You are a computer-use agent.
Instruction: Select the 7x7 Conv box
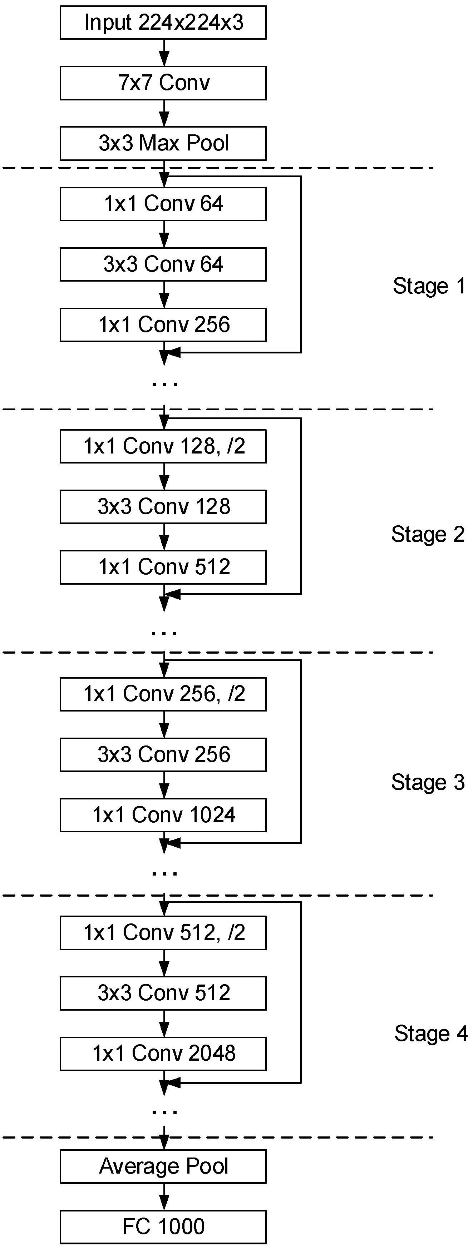tap(163, 83)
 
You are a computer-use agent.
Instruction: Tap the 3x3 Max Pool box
tap(163, 144)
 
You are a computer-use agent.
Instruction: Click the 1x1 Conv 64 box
tap(163, 204)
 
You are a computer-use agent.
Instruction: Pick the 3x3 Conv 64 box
tap(163, 265)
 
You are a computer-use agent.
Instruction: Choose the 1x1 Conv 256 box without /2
tap(163, 325)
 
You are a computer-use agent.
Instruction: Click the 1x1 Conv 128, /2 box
tap(163, 446)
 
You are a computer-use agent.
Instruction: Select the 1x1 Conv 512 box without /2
tap(163, 567)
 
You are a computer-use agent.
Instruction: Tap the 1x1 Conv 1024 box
tap(163, 815)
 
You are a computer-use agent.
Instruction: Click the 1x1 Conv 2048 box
tap(163, 1054)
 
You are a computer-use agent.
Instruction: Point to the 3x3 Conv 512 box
tap(163, 993)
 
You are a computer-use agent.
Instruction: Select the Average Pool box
tap(163, 1166)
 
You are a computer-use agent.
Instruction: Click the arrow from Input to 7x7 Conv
tap(164, 53)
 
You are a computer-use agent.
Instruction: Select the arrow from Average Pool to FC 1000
tap(164, 1196)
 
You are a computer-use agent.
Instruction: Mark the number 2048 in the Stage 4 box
tap(212, 1054)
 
